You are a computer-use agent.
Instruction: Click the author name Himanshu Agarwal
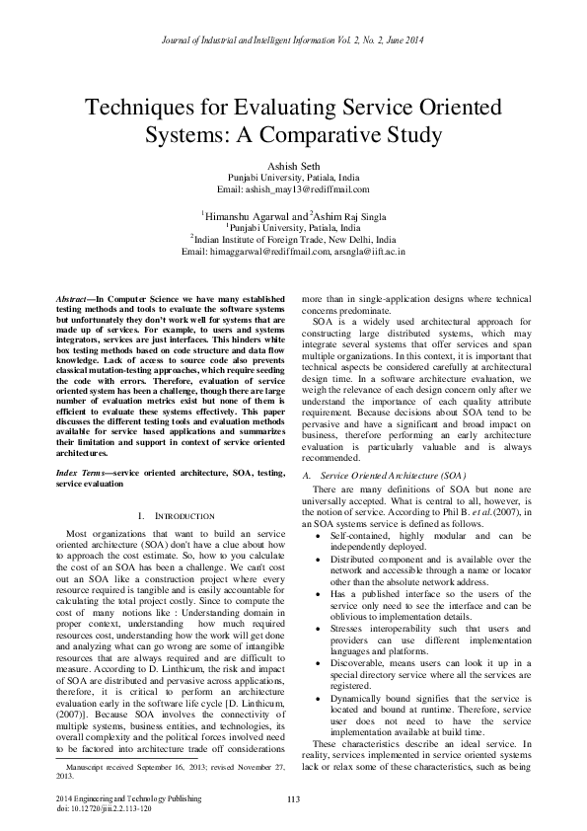pos(247,214)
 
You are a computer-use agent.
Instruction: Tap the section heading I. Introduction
pos(171,516)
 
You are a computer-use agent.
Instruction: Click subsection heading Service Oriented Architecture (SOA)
pos(380,475)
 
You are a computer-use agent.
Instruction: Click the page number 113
pos(293,797)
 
